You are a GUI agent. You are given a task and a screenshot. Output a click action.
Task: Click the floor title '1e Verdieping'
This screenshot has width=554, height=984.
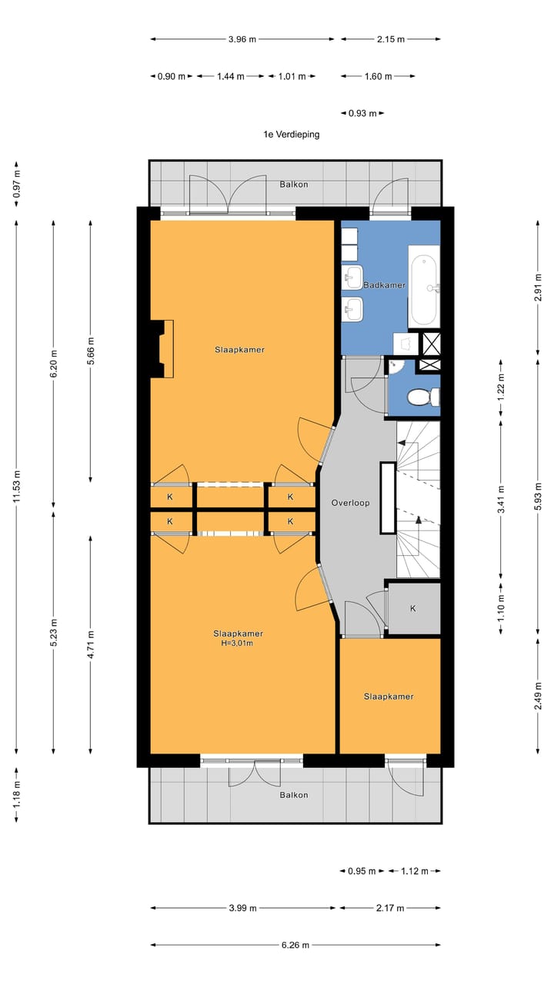[291, 134]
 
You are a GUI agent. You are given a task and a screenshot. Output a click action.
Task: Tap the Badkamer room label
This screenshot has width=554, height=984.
[385, 285]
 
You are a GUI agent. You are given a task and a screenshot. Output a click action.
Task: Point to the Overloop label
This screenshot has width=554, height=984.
[350, 503]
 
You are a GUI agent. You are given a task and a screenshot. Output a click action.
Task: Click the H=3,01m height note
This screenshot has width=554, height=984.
[238, 643]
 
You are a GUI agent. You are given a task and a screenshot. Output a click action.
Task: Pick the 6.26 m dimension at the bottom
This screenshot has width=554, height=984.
[295, 945]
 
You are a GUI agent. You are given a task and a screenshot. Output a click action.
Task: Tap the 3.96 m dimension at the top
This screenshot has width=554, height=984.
[242, 38]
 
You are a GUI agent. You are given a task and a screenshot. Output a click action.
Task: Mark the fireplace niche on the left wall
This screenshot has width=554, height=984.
[162, 348]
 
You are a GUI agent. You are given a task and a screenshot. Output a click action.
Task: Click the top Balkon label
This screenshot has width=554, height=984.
[294, 184]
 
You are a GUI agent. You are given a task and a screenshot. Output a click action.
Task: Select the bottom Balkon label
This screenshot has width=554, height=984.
[294, 795]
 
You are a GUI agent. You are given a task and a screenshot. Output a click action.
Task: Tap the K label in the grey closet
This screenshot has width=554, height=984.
[412, 608]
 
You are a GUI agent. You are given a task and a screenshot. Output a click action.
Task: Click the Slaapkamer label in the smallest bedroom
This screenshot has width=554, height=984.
[389, 696]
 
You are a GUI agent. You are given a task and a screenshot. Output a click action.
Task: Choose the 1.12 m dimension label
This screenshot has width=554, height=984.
[416, 871]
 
